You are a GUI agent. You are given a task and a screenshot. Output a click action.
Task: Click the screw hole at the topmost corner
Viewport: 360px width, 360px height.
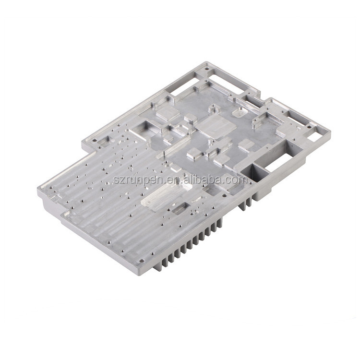(207, 69)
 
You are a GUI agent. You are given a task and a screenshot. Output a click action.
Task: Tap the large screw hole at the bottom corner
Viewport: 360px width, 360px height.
(142, 261)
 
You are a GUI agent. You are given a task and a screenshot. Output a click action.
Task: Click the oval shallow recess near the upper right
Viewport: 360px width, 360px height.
(240, 113)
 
